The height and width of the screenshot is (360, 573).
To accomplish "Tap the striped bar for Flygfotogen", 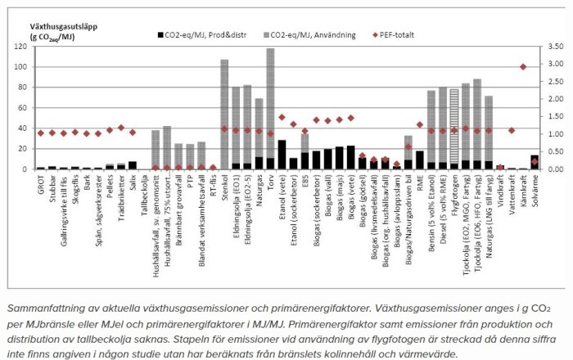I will pyautogui.click(x=453, y=119).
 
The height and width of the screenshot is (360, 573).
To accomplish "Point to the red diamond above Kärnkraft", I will pyautogui.click(x=523, y=67).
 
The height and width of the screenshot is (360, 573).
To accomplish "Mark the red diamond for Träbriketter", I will pyautogui.click(x=121, y=128).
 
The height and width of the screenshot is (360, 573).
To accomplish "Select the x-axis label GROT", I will pyautogui.click(x=41, y=184).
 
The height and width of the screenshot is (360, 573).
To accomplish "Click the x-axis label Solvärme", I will pyautogui.click(x=535, y=191).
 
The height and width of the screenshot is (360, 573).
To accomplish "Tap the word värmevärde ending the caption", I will pyautogui.click(x=431, y=354).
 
